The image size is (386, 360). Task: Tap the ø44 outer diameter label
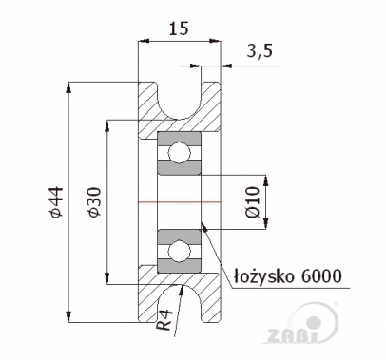coord(55,202)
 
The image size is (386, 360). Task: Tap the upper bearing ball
coord(178,153)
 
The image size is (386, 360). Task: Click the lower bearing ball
coord(178,252)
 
